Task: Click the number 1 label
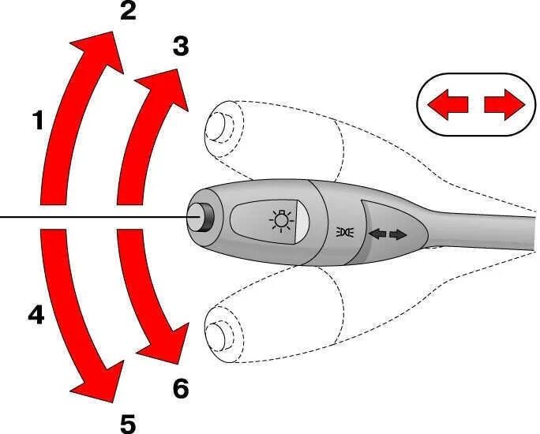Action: point(38,120)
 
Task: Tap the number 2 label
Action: point(128,12)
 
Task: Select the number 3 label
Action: point(181,47)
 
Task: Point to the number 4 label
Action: point(36,316)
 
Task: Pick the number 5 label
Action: point(128,423)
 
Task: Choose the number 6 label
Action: point(181,387)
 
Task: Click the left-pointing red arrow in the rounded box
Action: point(447,104)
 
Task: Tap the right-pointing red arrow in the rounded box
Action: point(504,104)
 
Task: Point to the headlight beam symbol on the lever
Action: point(343,231)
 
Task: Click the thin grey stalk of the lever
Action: point(489,230)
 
